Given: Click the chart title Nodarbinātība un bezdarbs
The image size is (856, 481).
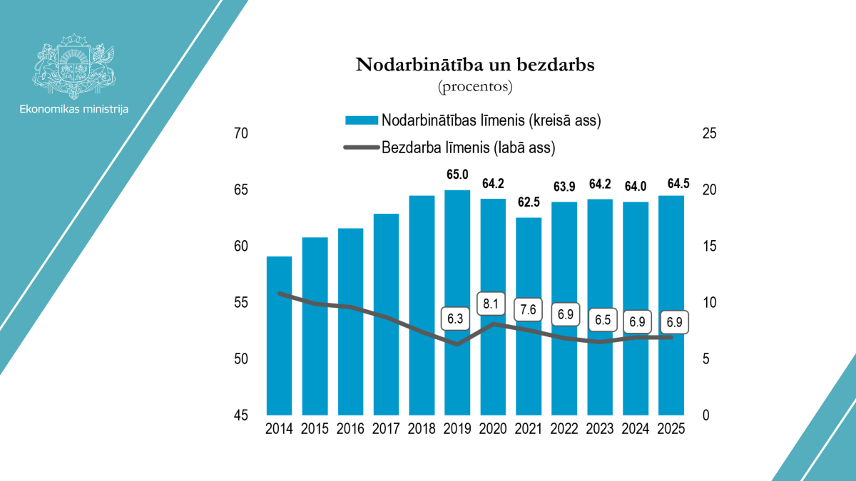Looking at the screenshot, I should point(475,66).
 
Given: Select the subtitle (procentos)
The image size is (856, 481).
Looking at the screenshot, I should point(475,87).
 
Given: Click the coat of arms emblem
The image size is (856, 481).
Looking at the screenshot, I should point(74,66).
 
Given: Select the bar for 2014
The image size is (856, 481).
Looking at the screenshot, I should point(280,335).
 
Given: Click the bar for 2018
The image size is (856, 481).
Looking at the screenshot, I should point(422,305).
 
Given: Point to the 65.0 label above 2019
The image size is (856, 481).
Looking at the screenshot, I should point(457,175).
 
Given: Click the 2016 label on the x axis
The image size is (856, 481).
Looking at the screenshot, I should point(350,430).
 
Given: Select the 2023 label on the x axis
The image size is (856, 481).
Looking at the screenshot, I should point(600,430).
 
